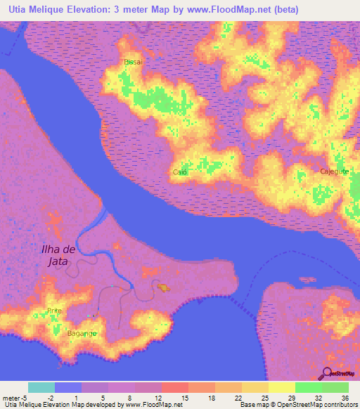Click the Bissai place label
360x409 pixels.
[x=133, y=62]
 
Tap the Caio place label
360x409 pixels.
[x=179, y=171]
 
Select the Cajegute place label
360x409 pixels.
[x=314, y=171]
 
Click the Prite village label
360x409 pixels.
[x=54, y=310]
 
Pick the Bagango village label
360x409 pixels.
[x=82, y=333]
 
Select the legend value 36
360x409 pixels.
[x=345, y=397]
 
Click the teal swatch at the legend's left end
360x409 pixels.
[x=41, y=387]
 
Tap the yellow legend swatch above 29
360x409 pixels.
[x=282, y=387]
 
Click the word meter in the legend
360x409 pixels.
[x=12, y=397]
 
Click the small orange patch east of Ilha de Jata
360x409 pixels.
[x=163, y=287]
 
